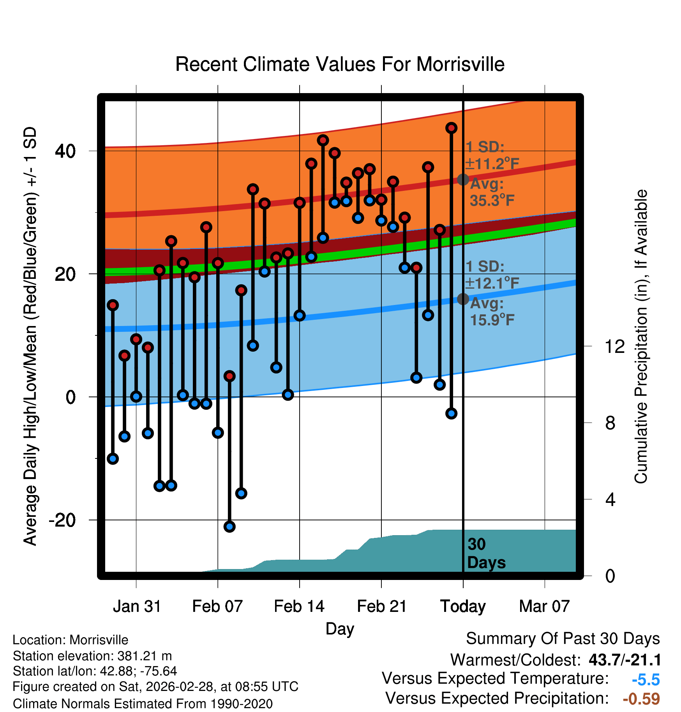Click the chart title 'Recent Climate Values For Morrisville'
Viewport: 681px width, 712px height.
pyautogui.click(x=340, y=64)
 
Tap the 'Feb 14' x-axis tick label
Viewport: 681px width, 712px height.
pyautogui.click(x=299, y=606)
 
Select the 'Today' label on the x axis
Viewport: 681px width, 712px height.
pyautogui.click(x=463, y=606)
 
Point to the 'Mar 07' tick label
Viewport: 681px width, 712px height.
pyautogui.click(x=544, y=606)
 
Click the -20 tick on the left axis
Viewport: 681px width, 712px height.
pyautogui.click(x=62, y=520)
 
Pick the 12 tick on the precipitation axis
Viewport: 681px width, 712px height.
pyautogui.click(x=614, y=346)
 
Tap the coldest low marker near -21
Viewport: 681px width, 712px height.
pyautogui.click(x=229, y=527)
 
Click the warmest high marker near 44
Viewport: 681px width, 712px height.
pyautogui.click(x=451, y=128)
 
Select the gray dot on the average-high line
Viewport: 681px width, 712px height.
pyautogui.click(x=463, y=180)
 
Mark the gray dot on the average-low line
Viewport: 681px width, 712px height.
pyautogui.click(x=463, y=299)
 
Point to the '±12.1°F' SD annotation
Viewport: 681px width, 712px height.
pyautogui.click(x=492, y=283)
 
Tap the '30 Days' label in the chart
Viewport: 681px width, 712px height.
pyautogui.click(x=486, y=553)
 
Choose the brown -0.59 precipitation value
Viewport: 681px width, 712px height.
pyautogui.click(x=641, y=699)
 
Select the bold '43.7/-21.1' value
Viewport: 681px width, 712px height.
pyautogui.click(x=625, y=660)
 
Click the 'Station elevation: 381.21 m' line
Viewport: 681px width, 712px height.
pyautogui.click(x=92, y=656)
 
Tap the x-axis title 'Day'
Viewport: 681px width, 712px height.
pyautogui.click(x=340, y=629)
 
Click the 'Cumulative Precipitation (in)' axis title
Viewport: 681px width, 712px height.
pyautogui.click(x=641, y=337)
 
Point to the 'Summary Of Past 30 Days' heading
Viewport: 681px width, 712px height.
pyautogui.click(x=563, y=639)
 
